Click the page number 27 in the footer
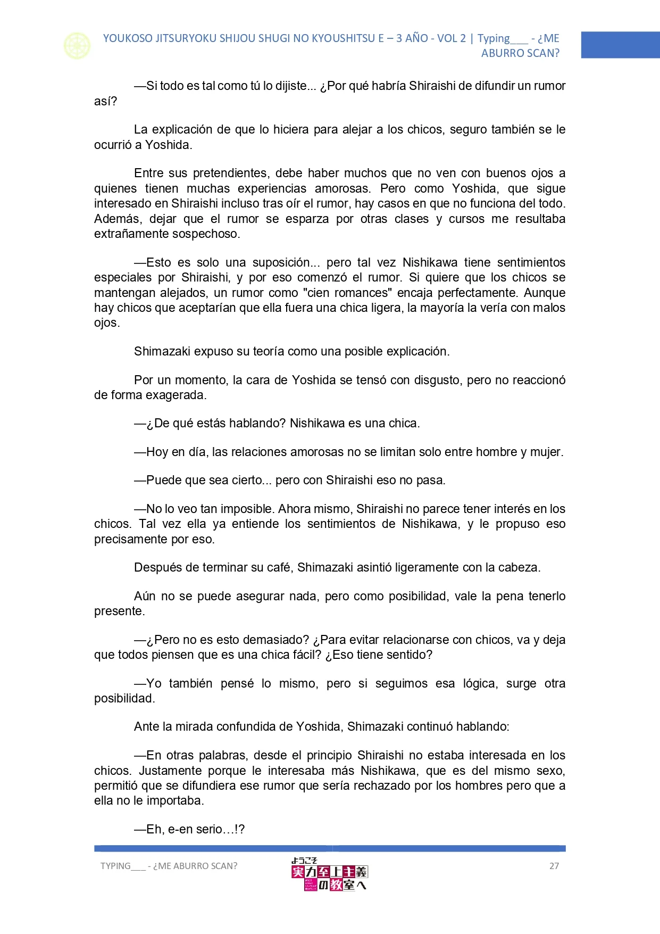[554, 866]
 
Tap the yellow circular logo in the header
[77, 46]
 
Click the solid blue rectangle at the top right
[620, 45]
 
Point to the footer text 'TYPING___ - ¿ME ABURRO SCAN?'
[169, 866]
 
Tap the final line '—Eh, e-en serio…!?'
[189, 829]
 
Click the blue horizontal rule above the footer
[330, 848]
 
